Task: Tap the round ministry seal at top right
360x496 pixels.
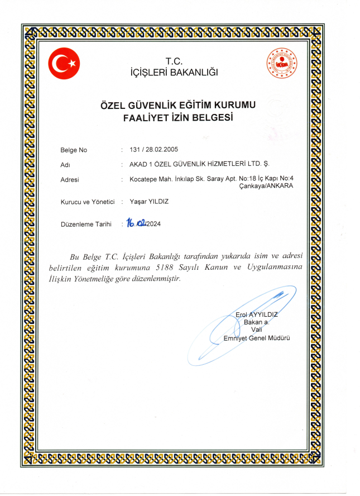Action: pos(281,64)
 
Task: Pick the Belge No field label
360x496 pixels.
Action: pos(73,150)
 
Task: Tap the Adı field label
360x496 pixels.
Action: pos(64,165)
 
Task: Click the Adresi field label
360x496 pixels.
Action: pos(69,179)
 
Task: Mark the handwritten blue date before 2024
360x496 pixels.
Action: pos(137,223)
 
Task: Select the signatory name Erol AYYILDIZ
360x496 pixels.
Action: pos(257,315)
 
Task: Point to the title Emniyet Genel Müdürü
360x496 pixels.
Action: pos(257,338)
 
